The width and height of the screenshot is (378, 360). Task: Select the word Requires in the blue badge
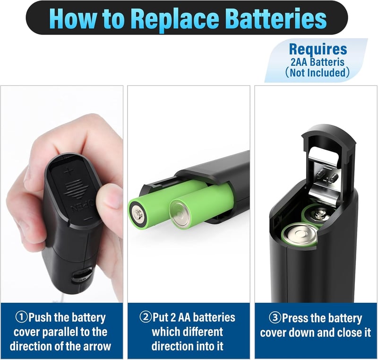tap(318, 49)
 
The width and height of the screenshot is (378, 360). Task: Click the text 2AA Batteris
tap(317, 62)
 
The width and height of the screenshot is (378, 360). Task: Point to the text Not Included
tap(318, 73)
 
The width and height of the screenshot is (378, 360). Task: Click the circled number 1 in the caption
tap(22, 317)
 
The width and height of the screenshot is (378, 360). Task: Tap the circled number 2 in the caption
tap(146, 317)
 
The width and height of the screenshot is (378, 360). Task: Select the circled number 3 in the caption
tap(275, 318)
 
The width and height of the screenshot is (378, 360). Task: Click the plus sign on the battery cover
tap(69, 172)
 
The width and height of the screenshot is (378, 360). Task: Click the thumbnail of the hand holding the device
tap(62, 194)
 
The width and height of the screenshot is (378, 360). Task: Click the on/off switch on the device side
tap(82, 275)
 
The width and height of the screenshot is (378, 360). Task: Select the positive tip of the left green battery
tap(138, 214)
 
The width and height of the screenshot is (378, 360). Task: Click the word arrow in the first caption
tap(97, 346)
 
